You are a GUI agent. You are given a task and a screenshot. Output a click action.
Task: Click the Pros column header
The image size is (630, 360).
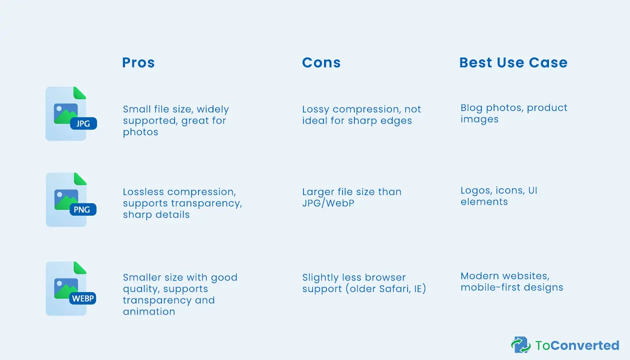(x=138, y=62)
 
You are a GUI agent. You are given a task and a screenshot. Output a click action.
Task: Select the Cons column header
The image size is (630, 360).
(x=321, y=62)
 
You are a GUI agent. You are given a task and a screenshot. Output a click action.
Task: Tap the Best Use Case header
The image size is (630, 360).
(x=513, y=62)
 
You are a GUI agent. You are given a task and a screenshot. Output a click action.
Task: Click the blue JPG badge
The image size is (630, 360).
(x=83, y=123)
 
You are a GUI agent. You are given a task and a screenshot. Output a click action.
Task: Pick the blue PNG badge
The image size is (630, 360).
(x=83, y=209)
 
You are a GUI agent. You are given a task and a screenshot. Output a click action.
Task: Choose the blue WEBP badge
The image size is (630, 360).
(x=82, y=298)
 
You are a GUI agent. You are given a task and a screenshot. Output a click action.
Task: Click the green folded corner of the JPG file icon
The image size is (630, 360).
(x=79, y=92)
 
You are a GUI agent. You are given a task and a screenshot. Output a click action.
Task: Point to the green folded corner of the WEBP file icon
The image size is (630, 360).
(x=79, y=267)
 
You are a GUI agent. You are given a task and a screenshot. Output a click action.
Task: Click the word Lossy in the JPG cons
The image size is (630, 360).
(x=315, y=109)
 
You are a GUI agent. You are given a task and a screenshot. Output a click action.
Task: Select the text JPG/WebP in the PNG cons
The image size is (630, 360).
(x=328, y=203)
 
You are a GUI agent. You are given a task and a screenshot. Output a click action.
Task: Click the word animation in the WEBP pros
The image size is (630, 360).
(x=149, y=311)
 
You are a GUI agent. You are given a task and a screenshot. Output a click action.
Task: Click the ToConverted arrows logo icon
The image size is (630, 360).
(x=521, y=344)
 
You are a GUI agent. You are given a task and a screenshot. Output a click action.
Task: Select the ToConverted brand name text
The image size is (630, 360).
(x=577, y=345)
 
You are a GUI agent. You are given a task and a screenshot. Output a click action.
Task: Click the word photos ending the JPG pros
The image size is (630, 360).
(x=140, y=132)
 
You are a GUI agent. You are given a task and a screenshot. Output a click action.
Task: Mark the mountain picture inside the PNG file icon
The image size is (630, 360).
(x=66, y=199)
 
